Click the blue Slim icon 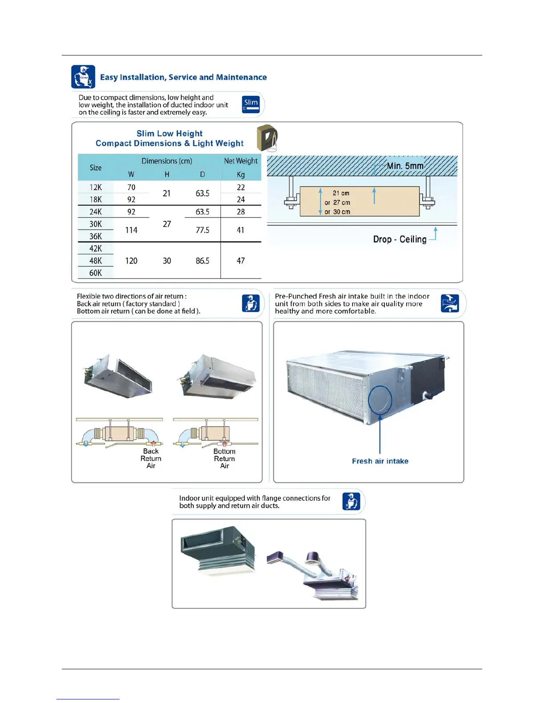tap(251, 104)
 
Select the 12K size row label tap(96, 187)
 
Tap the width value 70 tap(131, 187)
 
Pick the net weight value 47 tap(240, 261)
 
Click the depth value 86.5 tap(202, 261)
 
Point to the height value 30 tap(167, 261)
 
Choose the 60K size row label tap(96, 273)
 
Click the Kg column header tap(240, 174)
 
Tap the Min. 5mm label tap(405, 166)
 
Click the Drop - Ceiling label tap(400, 239)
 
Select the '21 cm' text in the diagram tap(341, 193)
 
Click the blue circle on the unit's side tap(380, 399)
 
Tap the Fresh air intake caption tap(380, 461)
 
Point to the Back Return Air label tap(151, 458)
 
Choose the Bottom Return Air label tap(224, 458)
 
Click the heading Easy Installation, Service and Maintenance tap(183, 77)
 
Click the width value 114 tap(131, 230)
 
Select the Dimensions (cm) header tap(167, 161)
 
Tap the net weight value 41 tap(240, 230)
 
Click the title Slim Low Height tap(169, 134)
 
